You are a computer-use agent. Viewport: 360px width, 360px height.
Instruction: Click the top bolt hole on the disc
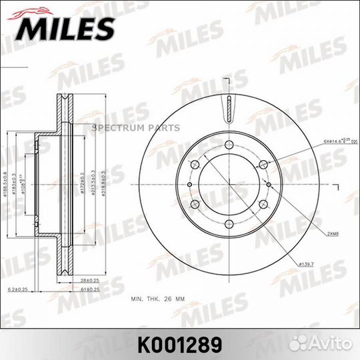228,145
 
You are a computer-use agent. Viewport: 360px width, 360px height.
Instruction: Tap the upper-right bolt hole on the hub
261,165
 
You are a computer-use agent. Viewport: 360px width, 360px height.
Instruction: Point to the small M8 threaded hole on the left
189,185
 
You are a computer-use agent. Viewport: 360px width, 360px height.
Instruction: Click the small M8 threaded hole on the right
267,185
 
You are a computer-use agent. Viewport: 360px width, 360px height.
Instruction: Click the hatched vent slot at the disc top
228,107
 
